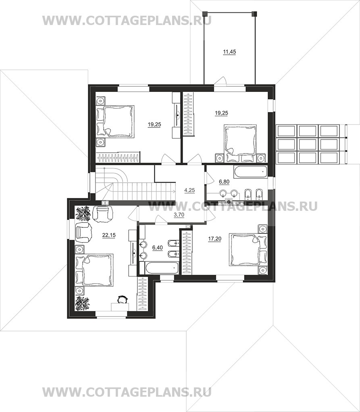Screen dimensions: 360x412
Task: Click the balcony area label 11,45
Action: click(x=229, y=52)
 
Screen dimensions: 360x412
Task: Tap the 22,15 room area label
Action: click(x=109, y=235)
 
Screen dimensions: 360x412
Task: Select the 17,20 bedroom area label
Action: click(x=215, y=239)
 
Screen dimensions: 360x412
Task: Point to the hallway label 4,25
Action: click(x=189, y=190)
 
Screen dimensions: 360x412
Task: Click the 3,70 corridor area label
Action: click(x=179, y=215)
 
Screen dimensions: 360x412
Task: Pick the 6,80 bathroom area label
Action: click(x=224, y=181)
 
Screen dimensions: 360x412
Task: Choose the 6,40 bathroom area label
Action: click(x=158, y=247)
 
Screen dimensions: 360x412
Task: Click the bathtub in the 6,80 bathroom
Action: click(x=250, y=172)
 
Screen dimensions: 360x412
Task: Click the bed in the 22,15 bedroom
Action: click(x=95, y=270)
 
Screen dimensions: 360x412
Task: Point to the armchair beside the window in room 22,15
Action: click(x=83, y=233)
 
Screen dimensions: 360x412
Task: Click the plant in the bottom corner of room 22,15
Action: click(x=83, y=304)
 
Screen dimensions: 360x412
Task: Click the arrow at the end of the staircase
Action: click(x=174, y=191)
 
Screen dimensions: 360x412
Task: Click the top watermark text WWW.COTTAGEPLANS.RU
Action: click(x=127, y=21)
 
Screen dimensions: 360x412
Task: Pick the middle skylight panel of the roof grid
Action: click(x=307, y=144)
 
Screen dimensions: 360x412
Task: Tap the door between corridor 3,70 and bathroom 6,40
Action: click(x=161, y=220)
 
